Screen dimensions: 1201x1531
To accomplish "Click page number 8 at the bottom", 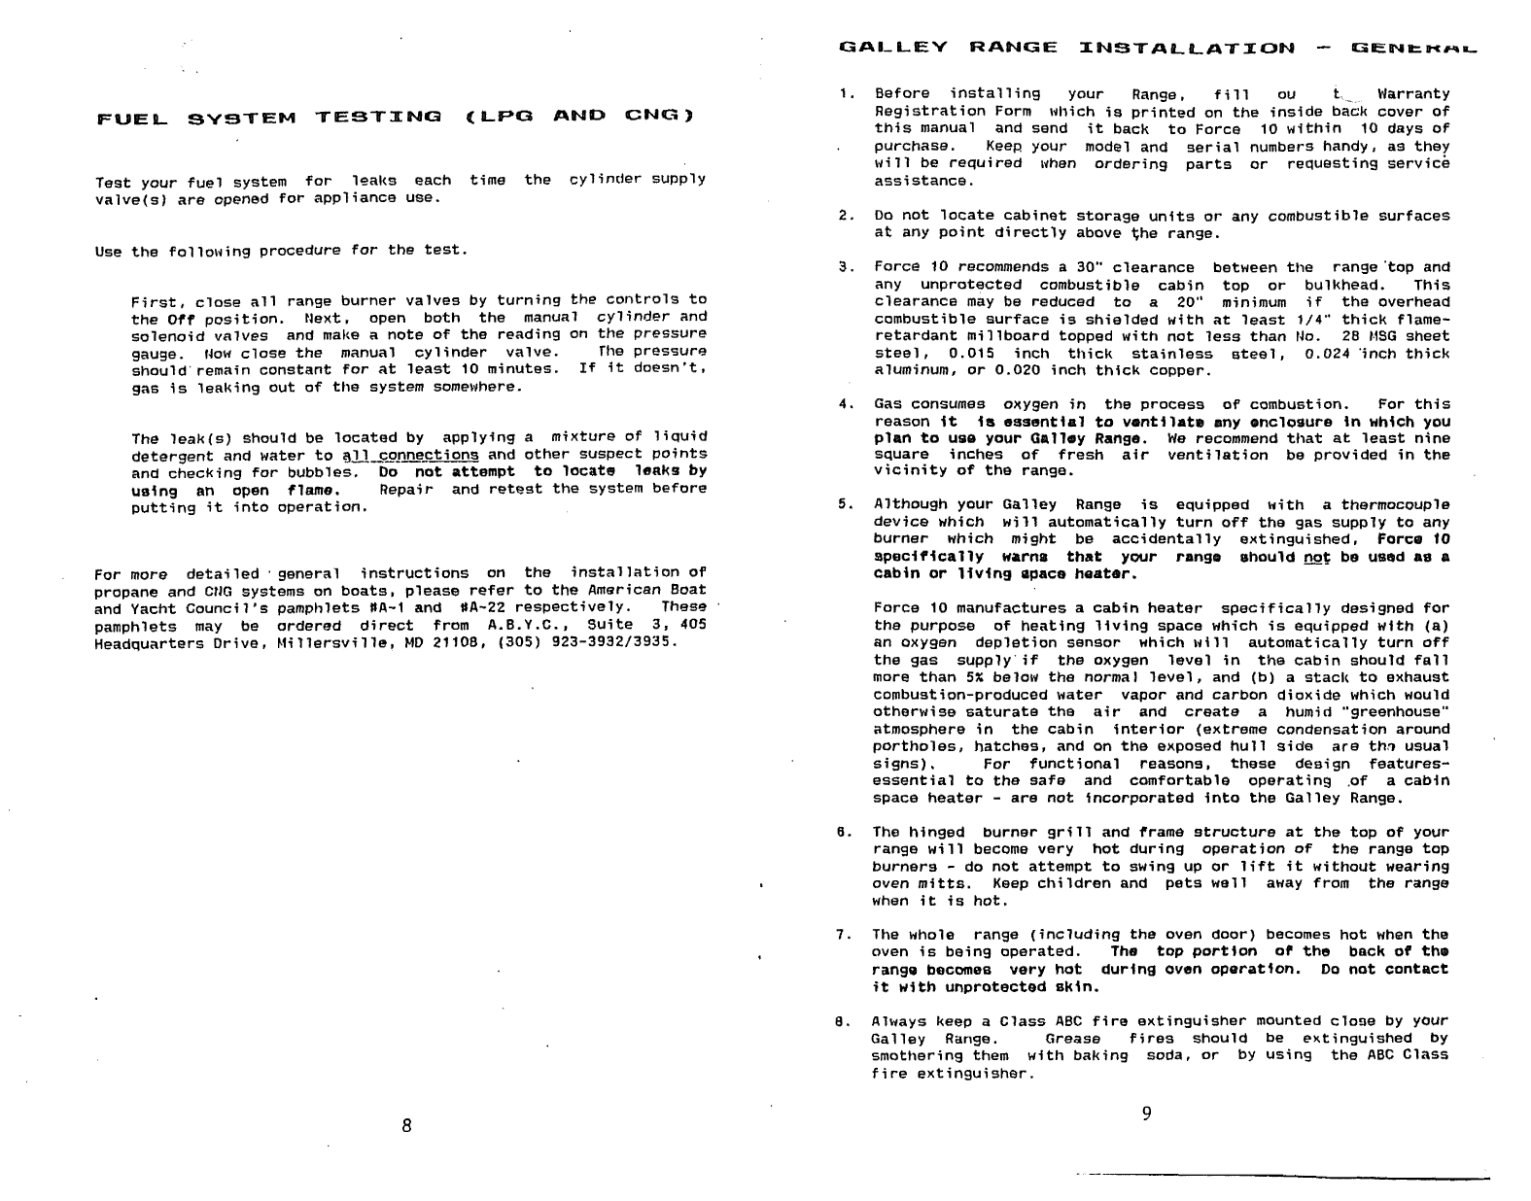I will point(406,1125).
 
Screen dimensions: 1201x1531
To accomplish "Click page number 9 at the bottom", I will point(1146,1114).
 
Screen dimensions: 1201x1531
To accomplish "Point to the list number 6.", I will point(846,833).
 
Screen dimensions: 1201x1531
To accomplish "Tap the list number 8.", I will point(846,1021).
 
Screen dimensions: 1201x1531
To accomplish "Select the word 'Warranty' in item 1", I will point(1412,94).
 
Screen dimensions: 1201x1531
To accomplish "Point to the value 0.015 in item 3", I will point(970,354).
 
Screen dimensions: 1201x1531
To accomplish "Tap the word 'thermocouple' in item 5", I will point(1395,505).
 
